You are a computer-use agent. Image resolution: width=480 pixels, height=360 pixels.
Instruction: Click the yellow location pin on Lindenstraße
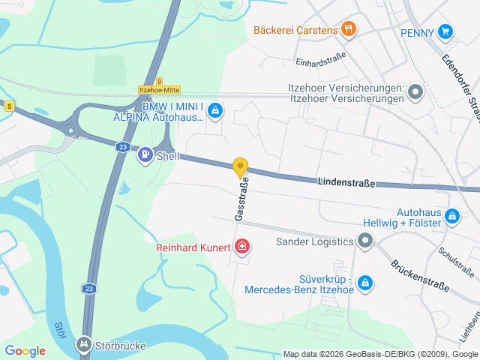point(240,167)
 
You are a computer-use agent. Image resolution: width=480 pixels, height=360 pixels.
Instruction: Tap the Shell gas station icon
point(144,156)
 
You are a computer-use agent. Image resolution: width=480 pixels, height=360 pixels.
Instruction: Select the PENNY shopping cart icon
point(446,31)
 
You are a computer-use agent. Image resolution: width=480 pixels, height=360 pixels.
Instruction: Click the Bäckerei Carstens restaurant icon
point(347,29)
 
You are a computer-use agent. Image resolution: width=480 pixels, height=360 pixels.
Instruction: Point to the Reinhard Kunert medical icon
point(242,246)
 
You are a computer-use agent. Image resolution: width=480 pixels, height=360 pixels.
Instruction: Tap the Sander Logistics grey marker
point(365,241)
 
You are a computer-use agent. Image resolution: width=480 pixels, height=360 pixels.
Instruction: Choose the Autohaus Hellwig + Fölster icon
point(451,217)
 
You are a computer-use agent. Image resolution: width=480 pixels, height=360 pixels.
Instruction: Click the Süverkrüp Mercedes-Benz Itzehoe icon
point(365,282)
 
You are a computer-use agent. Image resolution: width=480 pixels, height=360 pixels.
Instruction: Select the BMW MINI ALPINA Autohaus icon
point(215,111)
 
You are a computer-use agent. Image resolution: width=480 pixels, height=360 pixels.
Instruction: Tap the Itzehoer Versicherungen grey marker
point(416,94)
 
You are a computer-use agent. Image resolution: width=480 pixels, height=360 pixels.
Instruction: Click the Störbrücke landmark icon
point(84,346)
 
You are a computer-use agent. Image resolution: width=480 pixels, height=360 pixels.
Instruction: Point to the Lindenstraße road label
point(346,182)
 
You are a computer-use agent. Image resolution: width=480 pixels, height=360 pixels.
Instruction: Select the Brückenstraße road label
point(419,276)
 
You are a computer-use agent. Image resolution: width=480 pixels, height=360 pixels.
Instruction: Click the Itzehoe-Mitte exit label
point(160,89)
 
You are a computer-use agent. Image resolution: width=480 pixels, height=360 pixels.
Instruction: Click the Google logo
point(25,350)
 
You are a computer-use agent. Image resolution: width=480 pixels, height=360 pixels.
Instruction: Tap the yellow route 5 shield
point(8,106)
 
